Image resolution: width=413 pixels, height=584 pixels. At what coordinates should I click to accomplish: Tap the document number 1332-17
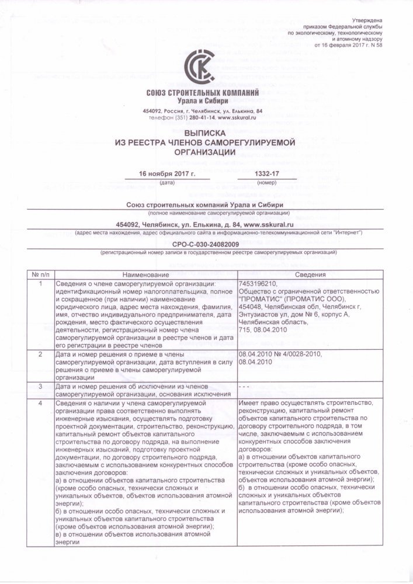[x=267, y=174]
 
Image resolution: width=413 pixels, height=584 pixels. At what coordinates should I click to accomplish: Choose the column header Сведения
[x=310, y=275]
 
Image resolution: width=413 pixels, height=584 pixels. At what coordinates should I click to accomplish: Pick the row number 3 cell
[x=40, y=387]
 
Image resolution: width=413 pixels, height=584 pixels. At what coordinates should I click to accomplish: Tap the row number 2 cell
[x=40, y=354]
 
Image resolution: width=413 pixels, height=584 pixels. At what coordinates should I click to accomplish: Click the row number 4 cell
[x=40, y=403]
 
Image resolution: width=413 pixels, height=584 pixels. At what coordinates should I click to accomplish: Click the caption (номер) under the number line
[x=267, y=183]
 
